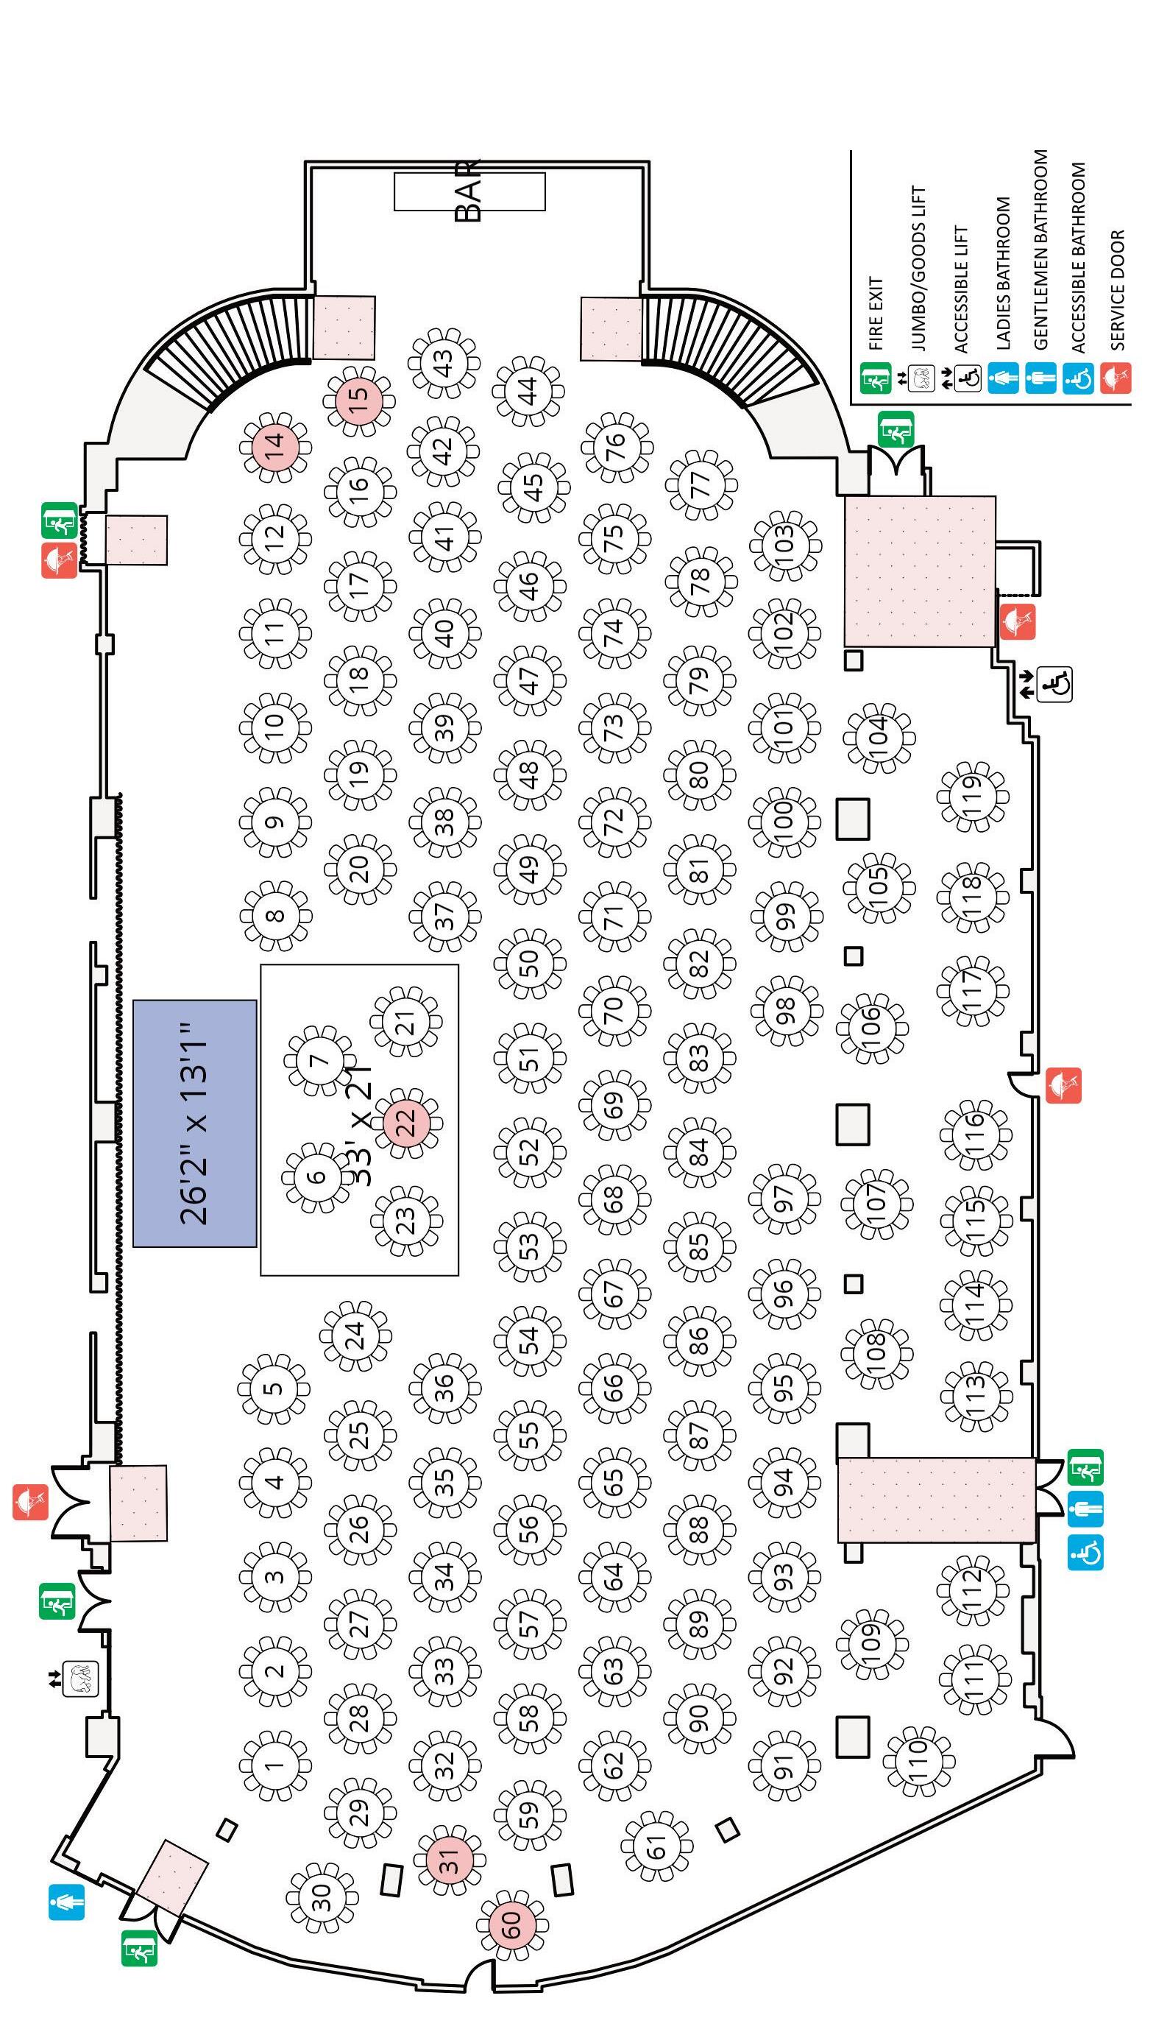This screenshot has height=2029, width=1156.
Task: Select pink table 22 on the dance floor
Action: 405,1122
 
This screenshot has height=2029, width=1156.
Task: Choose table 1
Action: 274,1765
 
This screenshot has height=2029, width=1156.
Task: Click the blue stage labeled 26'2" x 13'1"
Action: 194,1123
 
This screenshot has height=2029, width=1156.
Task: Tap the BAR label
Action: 469,191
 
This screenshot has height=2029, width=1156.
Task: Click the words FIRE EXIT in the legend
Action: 876,313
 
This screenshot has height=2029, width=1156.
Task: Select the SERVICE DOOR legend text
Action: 1118,290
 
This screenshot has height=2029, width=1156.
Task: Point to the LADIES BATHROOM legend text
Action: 1003,273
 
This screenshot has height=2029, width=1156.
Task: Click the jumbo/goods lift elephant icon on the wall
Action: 81,1679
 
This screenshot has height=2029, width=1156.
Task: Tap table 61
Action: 656,1846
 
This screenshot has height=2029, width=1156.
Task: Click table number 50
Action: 530,963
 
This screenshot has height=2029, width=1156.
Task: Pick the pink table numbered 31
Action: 450,1860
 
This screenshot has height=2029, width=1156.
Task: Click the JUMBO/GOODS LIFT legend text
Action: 918,269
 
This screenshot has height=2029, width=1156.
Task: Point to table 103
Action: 784,546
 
